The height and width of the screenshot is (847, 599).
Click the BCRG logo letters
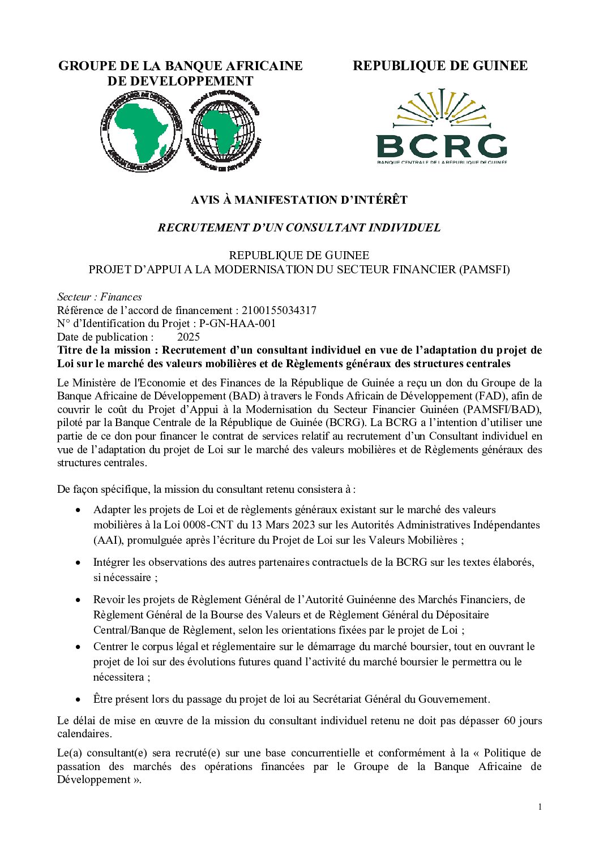[x=442, y=147]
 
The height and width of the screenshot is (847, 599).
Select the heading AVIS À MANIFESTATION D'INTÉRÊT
[x=299, y=200]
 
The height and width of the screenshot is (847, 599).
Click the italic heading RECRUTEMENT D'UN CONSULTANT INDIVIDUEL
[x=299, y=227]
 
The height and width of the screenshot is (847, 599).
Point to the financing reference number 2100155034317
[x=279, y=310]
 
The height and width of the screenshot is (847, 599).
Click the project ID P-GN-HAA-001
[x=238, y=324]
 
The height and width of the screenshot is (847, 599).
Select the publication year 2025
[x=189, y=337]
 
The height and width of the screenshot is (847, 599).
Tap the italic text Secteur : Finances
[x=100, y=297]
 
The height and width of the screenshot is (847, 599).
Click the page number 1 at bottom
[x=540, y=807]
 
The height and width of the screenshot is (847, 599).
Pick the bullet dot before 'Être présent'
[x=78, y=700]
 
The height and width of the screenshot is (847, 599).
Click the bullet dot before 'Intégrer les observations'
[x=78, y=563]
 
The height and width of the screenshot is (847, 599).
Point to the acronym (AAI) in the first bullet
[x=108, y=540]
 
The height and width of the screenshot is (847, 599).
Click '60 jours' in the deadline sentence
[x=523, y=721]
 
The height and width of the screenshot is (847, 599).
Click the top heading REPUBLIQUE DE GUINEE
[x=440, y=66]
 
